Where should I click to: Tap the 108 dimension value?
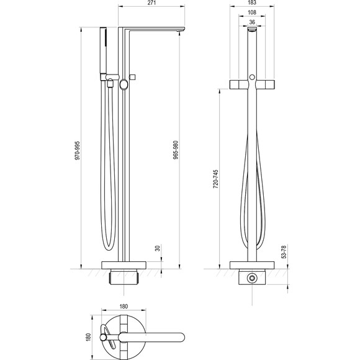pyautogui.click(x=251, y=13)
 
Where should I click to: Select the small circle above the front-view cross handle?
pyautogui.click(x=252, y=76)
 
